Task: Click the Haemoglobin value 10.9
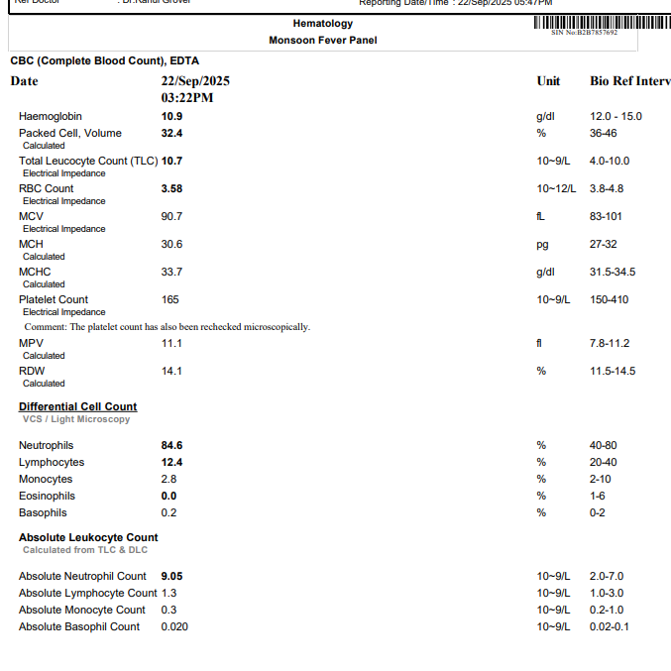click(x=171, y=117)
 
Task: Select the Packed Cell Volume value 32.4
click(x=171, y=133)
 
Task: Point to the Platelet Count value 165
click(x=171, y=299)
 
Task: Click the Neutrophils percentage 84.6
click(x=171, y=446)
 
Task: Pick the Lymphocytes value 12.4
click(x=171, y=463)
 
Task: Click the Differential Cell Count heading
click(x=77, y=406)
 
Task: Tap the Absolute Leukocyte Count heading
click(x=88, y=537)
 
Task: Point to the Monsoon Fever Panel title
click(x=322, y=41)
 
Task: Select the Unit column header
click(x=548, y=81)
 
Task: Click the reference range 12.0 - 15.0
click(x=615, y=117)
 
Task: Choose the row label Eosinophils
click(x=47, y=496)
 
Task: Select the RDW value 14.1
click(x=171, y=371)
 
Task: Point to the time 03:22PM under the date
click(x=187, y=98)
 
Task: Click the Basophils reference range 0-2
click(x=598, y=512)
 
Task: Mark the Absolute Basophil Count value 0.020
click(x=174, y=626)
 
